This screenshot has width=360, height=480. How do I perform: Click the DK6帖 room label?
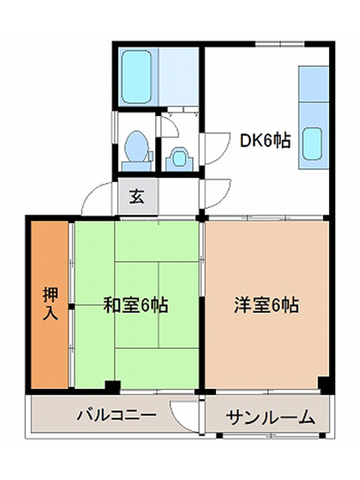(265, 141)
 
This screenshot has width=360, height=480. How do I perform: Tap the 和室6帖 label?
(136, 305)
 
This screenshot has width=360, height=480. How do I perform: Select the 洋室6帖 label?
(266, 305)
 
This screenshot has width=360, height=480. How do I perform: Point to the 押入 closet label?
(50, 304)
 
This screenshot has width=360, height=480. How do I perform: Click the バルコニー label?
(116, 415)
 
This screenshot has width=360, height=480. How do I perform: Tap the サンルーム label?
(271, 417)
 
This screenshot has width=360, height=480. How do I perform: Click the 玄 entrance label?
(136, 196)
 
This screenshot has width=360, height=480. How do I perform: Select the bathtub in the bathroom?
(136, 76)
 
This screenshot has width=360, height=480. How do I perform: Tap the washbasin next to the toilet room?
(179, 158)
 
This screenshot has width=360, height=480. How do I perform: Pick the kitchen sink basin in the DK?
(313, 144)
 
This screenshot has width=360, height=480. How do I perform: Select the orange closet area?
(49, 304)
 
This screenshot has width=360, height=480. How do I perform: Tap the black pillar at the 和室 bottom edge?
(112, 387)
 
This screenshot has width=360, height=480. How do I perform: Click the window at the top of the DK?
(280, 44)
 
